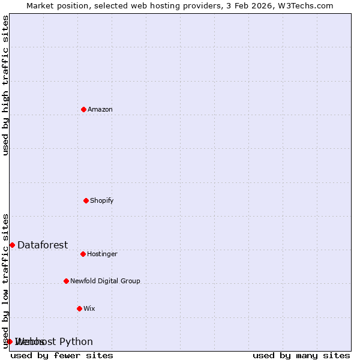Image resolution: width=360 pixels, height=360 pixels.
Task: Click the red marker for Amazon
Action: [83, 109]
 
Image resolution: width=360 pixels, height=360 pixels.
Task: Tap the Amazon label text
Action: [100, 109]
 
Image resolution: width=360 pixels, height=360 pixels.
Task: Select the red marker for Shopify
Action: [86, 200]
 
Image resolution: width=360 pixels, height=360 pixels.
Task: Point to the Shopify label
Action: [102, 200]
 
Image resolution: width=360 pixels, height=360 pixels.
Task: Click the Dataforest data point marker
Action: [12, 245]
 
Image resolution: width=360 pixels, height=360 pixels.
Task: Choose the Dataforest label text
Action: [43, 245]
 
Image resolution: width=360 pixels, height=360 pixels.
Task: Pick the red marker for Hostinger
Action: [83, 254]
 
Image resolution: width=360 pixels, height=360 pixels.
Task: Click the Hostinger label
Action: [103, 254]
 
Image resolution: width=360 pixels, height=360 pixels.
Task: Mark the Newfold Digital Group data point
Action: [66, 281]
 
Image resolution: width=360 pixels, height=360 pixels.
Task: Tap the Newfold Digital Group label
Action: [105, 281]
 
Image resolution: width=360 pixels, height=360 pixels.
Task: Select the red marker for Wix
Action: [79, 308]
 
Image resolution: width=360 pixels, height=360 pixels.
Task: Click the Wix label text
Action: [89, 308]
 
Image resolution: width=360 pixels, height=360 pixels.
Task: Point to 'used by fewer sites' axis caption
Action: [62, 355]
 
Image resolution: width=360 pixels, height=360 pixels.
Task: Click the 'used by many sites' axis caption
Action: [301, 355]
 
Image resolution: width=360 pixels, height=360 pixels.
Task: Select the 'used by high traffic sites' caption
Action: [6, 85]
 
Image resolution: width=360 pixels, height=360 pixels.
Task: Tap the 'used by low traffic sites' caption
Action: [6, 280]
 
